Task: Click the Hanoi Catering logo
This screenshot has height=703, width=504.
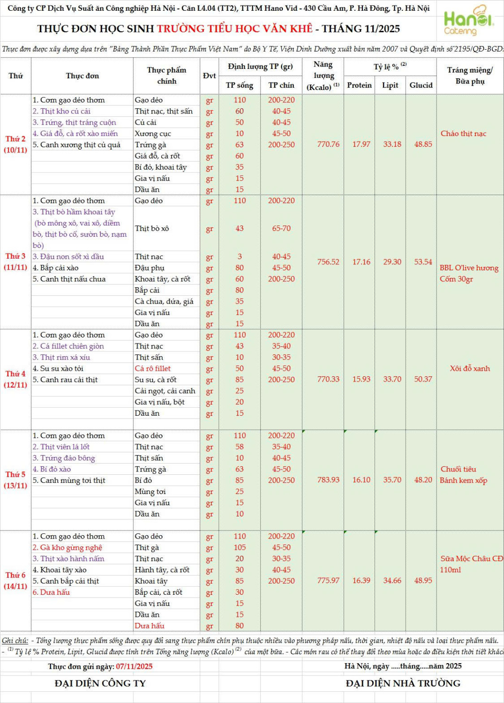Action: (x=468, y=21)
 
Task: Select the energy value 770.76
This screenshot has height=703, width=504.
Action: (x=328, y=144)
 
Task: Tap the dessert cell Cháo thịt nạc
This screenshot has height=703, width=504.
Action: (x=463, y=134)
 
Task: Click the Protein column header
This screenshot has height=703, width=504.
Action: (x=359, y=85)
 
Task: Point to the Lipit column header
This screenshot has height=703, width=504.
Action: (x=390, y=85)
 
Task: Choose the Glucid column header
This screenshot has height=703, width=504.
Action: (x=421, y=85)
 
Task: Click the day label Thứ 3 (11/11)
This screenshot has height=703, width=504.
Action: (x=15, y=262)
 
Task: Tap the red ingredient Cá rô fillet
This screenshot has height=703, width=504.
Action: (x=153, y=369)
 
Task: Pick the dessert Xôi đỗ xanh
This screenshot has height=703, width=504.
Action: (x=470, y=369)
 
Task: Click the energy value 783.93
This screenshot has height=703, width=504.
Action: (x=328, y=480)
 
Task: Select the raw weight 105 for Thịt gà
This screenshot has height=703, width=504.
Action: (x=240, y=548)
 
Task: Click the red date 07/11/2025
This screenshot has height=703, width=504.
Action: (x=134, y=666)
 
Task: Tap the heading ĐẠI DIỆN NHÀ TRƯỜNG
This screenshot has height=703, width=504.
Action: (x=403, y=684)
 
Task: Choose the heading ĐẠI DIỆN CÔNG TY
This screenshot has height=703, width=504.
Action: (x=100, y=684)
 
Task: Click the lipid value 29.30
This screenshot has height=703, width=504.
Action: (x=392, y=262)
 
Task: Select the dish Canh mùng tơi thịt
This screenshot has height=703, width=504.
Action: (x=73, y=480)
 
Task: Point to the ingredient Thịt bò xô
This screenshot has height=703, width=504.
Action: (x=152, y=229)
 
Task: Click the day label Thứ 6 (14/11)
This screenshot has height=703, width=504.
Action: (x=15, y=581)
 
